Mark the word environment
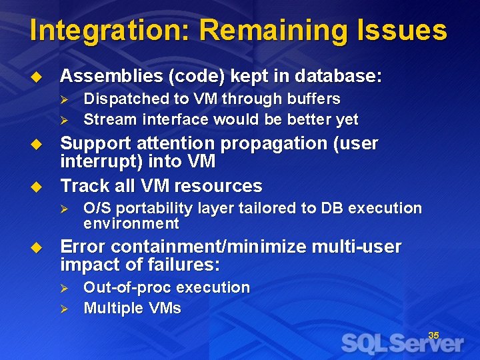click(131, 223)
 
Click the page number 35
click(433, 335)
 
